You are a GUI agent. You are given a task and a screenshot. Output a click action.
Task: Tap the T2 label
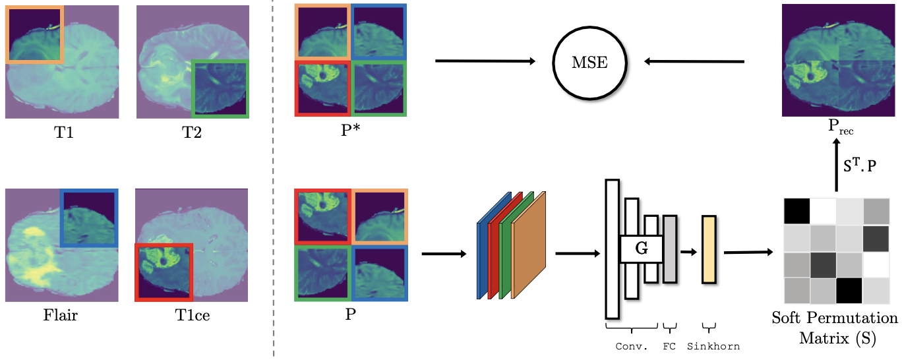pos(193,133)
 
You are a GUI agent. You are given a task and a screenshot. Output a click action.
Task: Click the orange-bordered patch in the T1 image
pos(34,34)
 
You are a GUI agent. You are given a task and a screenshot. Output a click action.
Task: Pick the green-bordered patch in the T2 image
pos(220,88)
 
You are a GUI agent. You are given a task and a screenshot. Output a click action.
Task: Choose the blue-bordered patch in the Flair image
pos(89,218)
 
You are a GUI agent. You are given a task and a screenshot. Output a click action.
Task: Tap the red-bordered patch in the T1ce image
pos(164,272)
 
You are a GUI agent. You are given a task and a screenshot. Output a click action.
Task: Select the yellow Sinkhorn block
pos(709,249)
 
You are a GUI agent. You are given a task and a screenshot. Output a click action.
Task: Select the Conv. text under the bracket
pos(631,346)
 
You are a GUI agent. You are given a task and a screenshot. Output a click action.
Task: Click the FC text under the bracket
pos(669,346)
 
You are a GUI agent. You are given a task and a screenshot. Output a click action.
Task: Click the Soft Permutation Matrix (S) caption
pos(835,328)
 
